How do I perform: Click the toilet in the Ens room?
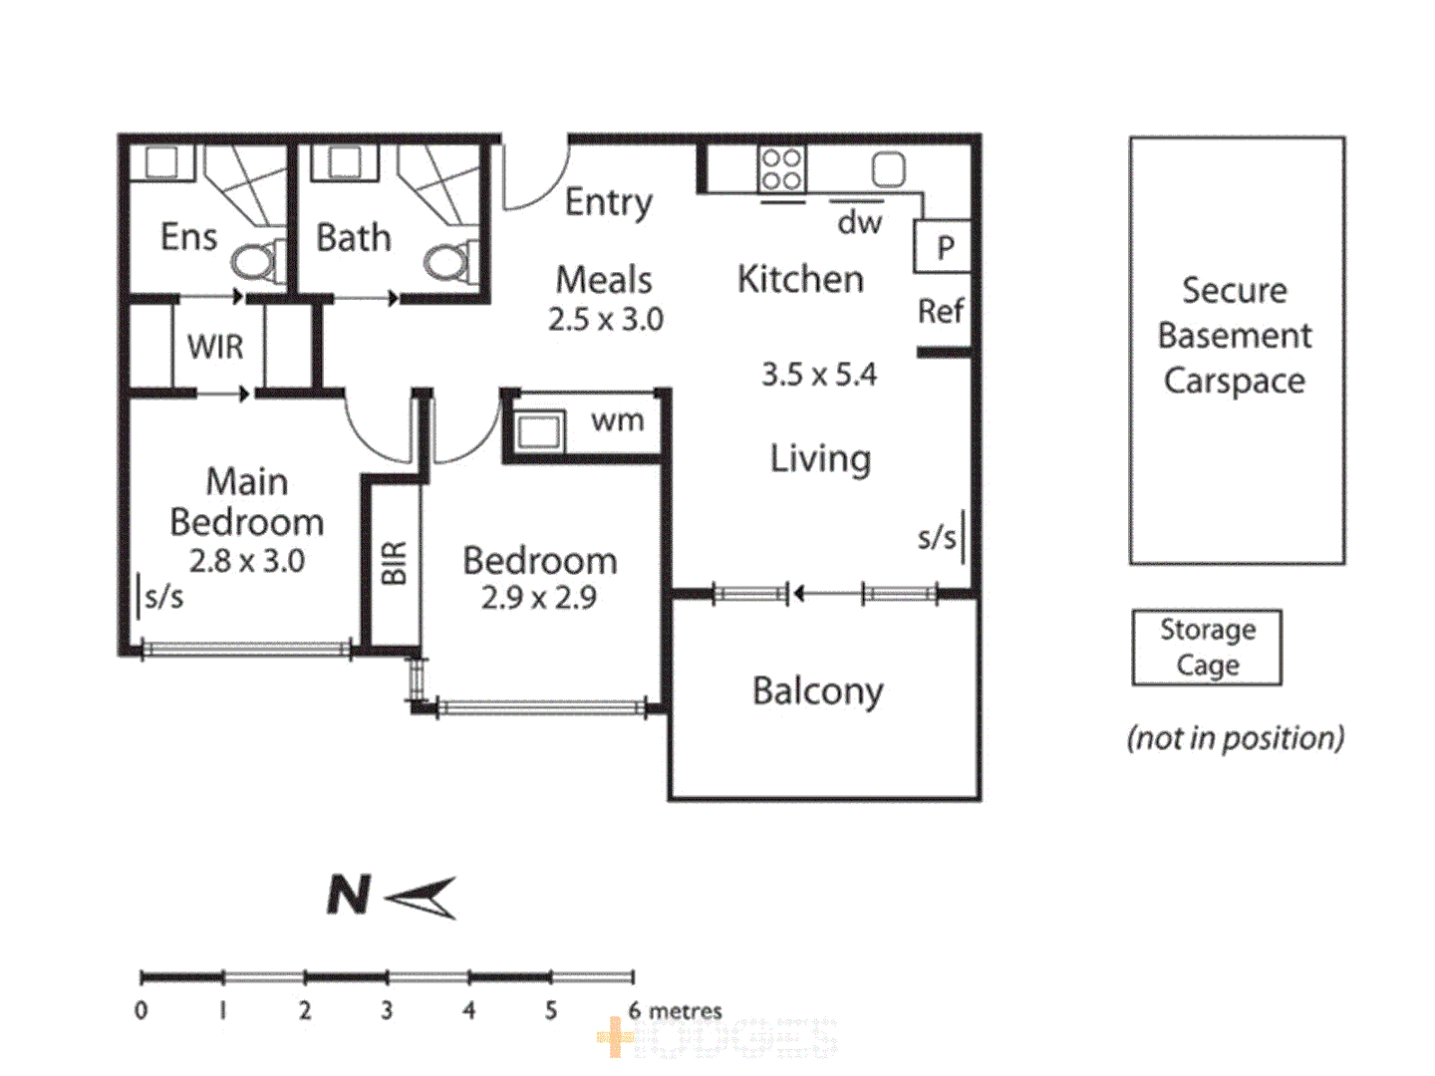point(255,262)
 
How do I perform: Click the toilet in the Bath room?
point(448,262)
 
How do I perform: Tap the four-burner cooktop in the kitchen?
point(781,169)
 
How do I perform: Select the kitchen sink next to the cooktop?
point(888,169)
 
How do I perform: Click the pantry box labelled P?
point(944,246)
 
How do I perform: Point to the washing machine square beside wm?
point(539,432)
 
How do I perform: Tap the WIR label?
point(215,347)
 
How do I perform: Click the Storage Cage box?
point(1207,648)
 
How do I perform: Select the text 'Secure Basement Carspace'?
point(1235,336)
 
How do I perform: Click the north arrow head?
point(424,897)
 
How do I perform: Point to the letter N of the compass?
point(349,895)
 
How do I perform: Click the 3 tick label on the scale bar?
point(387,1010)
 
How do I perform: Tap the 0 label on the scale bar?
point(142,1010)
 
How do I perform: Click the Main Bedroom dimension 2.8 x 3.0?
point(247,561)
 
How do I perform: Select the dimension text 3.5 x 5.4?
point(819,375)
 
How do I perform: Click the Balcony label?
point(817,691)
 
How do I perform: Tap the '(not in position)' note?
point(1235,738)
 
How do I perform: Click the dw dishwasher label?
point(859,222)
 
